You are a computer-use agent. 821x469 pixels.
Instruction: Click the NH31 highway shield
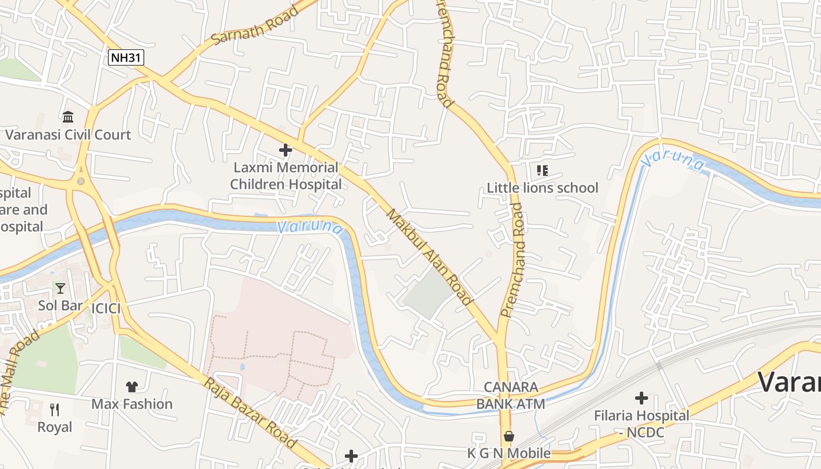126,57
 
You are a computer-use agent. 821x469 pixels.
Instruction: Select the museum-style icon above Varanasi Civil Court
68,117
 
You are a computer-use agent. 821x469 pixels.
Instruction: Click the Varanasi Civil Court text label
68,135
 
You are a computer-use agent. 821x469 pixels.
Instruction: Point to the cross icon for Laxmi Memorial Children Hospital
286,150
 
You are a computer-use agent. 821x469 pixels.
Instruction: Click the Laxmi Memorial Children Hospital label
286,176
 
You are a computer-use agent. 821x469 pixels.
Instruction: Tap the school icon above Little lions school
542,171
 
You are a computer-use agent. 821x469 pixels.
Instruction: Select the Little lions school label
542,188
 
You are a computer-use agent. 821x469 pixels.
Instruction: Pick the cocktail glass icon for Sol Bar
60,288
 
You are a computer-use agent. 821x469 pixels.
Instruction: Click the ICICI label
106,308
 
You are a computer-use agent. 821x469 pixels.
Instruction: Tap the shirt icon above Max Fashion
132,386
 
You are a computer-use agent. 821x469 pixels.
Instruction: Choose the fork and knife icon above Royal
55,409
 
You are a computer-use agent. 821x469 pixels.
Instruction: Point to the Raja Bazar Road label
250,413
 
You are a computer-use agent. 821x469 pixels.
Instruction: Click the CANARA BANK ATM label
510,396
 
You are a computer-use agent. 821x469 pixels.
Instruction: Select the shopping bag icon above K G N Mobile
509,436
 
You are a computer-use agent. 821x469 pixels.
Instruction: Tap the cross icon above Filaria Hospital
642,398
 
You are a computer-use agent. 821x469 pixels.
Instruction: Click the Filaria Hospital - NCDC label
642,423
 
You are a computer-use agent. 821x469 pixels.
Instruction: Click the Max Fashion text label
132,404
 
